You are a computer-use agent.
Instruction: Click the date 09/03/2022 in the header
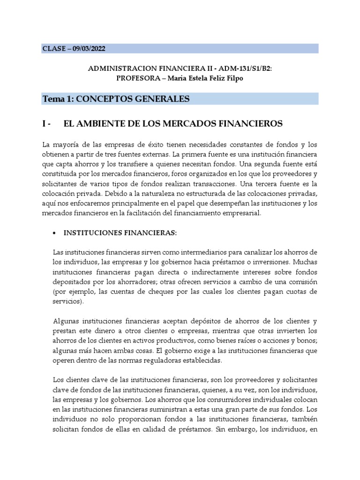[92, 49]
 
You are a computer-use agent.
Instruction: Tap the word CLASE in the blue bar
[54, 49]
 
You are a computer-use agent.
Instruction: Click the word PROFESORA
[136, 78]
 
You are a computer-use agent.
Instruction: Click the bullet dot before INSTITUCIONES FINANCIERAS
[54, 232]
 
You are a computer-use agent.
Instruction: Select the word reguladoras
[158, 360]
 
